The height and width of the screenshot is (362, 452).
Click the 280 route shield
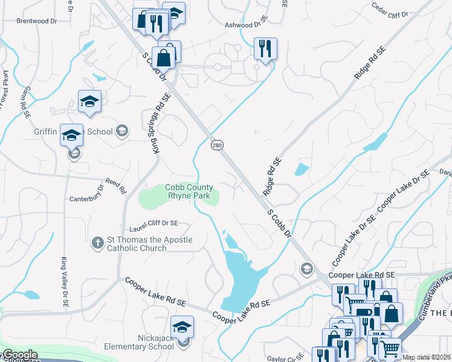217,145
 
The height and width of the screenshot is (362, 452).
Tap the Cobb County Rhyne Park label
189,192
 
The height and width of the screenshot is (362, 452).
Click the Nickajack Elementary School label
140,342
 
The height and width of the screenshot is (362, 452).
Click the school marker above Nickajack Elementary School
182,327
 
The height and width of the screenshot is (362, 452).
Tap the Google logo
19,355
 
